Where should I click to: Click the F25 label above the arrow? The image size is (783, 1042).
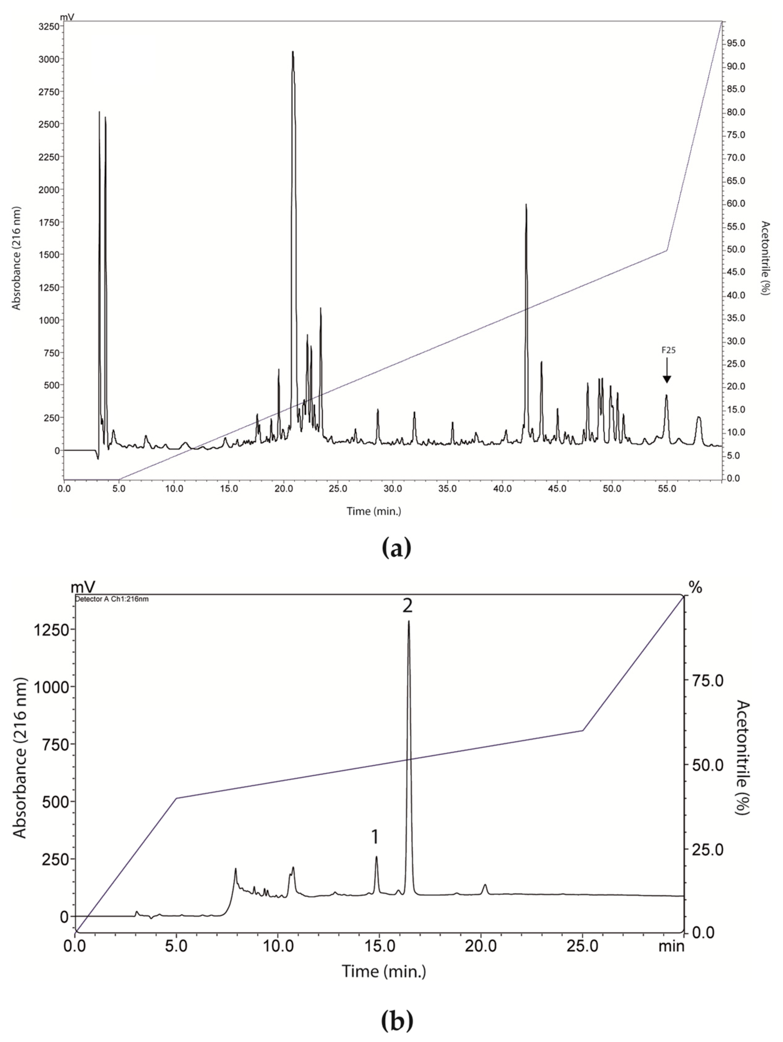(666, 350)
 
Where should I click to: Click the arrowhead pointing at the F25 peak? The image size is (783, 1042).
(666, 379)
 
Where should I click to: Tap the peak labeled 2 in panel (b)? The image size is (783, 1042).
(408, 622)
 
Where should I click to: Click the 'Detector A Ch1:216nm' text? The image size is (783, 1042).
(112, 599)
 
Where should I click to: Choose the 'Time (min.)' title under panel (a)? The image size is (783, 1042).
(374, 511)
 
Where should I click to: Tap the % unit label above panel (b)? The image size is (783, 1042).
(695, 588)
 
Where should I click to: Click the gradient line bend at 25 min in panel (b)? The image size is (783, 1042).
(583, 731)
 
